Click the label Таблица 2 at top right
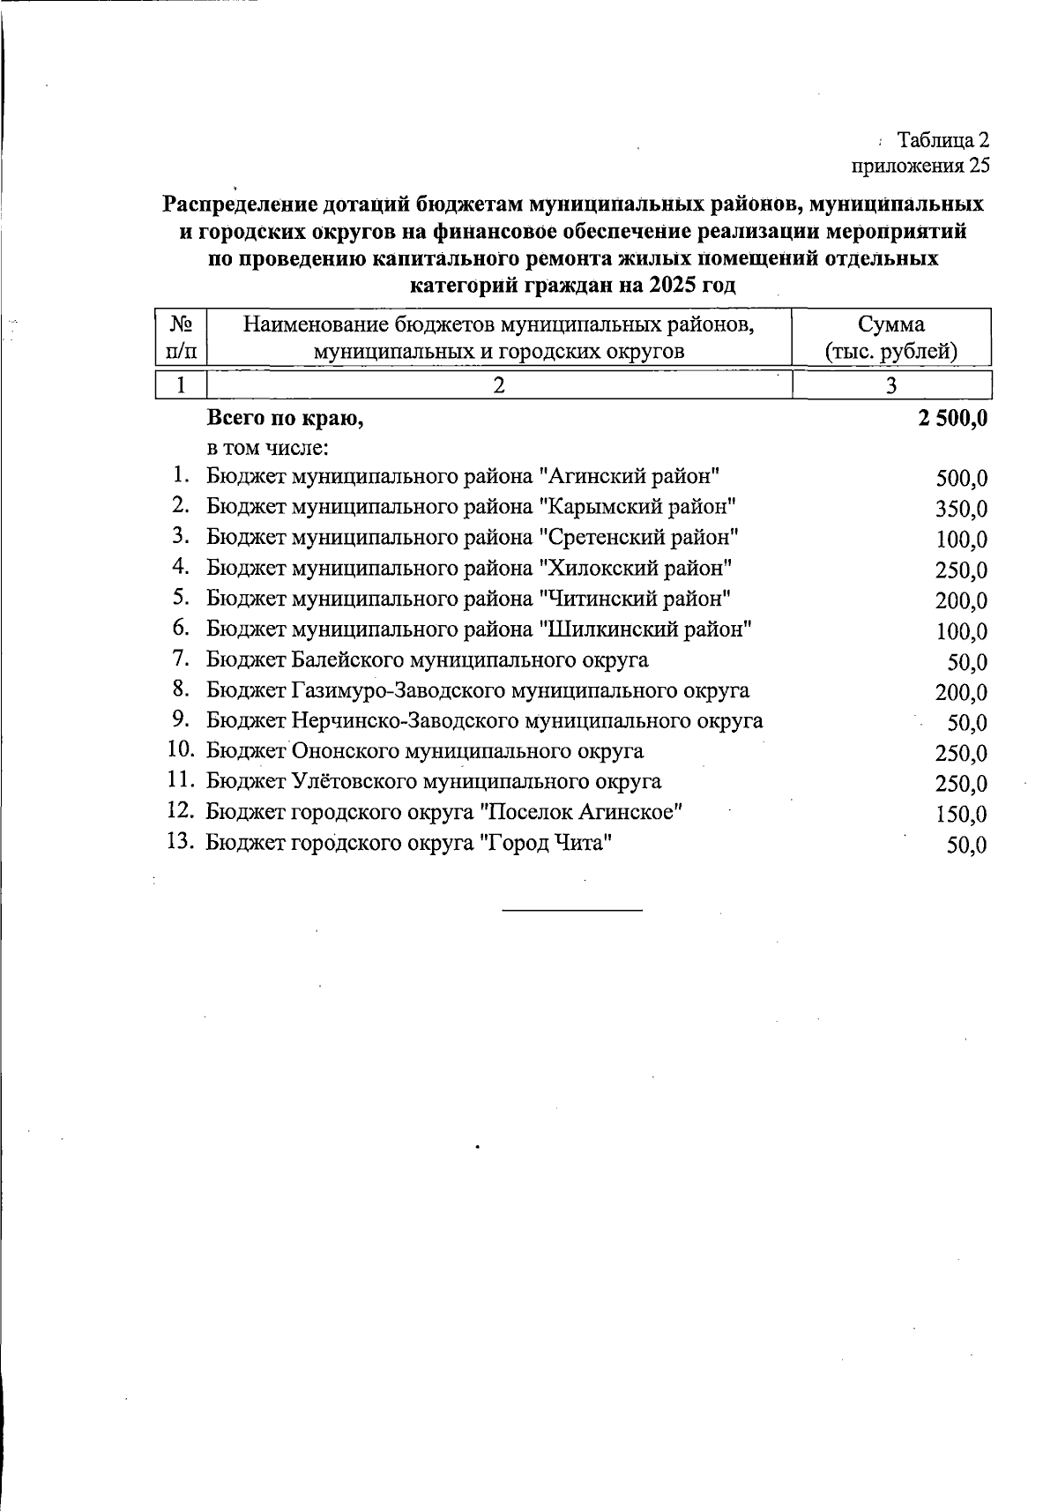943,140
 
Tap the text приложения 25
920,165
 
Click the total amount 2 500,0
951,419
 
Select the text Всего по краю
284,419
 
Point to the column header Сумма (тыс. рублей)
891,338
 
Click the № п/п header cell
181,338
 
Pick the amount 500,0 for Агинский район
961,479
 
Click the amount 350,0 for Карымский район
961,510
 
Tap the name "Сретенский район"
638,537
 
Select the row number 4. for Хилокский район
181,566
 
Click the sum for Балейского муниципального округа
966,662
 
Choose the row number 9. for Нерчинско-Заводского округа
181,719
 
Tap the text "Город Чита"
545,843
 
